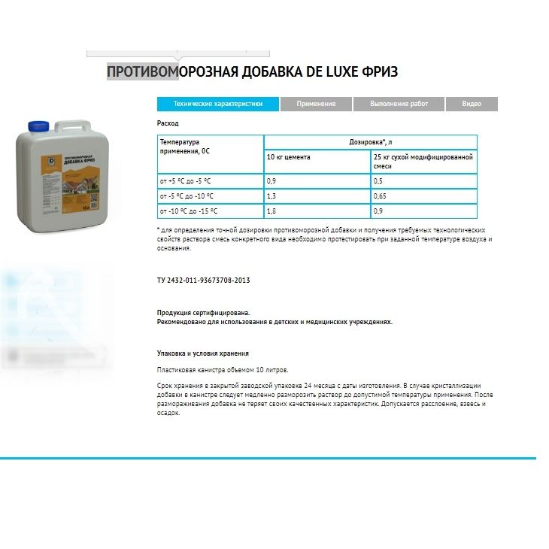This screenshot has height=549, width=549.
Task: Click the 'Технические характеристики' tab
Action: click(218, 104)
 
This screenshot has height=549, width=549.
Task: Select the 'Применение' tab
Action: click(316, 104)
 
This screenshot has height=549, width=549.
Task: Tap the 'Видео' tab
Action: click(472, 104)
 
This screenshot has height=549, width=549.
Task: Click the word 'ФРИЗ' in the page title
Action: click(380, 72)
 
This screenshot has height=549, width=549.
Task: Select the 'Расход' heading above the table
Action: click(168, 123)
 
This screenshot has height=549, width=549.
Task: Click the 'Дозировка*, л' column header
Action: click(370, 142)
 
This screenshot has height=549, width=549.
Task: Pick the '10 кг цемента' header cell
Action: click(289, 157)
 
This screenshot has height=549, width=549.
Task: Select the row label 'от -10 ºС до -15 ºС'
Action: click(189, 211)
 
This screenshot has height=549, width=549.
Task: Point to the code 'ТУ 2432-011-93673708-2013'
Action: click(203, 280)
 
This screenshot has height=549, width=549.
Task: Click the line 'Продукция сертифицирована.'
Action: click(203, 312)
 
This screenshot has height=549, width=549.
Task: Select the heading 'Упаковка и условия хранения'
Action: click(202, 353)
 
